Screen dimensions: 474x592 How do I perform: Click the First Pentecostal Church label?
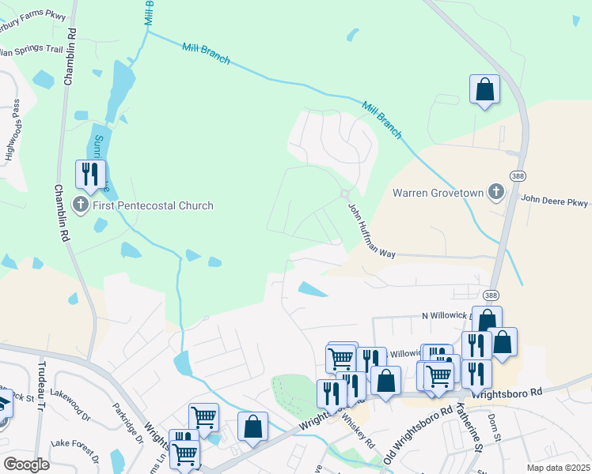point(154,205)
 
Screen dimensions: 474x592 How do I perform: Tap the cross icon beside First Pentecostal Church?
point(81,205)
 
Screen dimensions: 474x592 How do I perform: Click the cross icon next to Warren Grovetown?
point(495,192)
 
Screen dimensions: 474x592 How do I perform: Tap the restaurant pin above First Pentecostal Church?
point(90,174)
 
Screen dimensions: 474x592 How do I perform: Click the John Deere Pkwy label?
point(555,201)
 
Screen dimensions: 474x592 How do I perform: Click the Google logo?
point(27,464)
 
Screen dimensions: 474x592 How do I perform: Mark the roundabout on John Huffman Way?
point(345,194)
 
